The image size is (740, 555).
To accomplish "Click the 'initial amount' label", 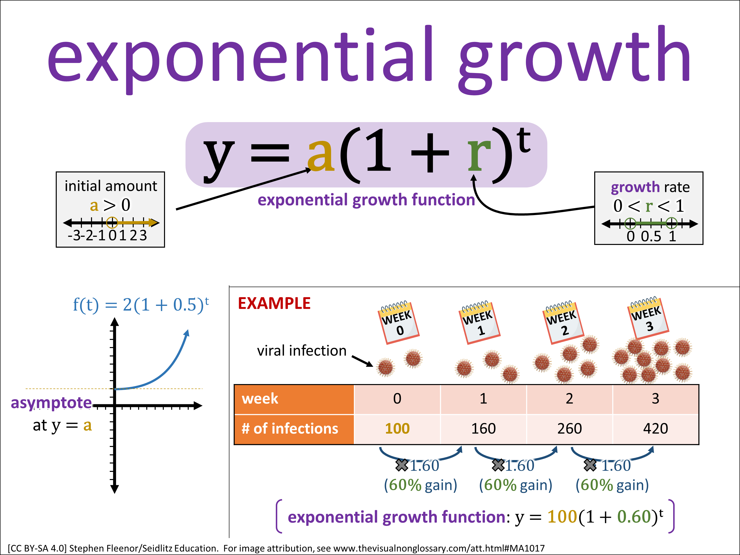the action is click(x=111, y=186).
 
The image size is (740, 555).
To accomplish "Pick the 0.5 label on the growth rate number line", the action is click(x=651, y=236).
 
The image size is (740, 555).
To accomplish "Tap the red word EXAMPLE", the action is click(x=274, y=303).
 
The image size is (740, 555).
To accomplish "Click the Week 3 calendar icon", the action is click(x=648, y=318).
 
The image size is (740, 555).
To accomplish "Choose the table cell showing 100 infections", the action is click(x=397, y=429).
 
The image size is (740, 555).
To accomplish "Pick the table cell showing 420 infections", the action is click(x=656, y=429).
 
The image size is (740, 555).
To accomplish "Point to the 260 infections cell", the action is click(x=569, y=429).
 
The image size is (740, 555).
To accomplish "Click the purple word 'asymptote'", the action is click(x=51, y=403).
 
